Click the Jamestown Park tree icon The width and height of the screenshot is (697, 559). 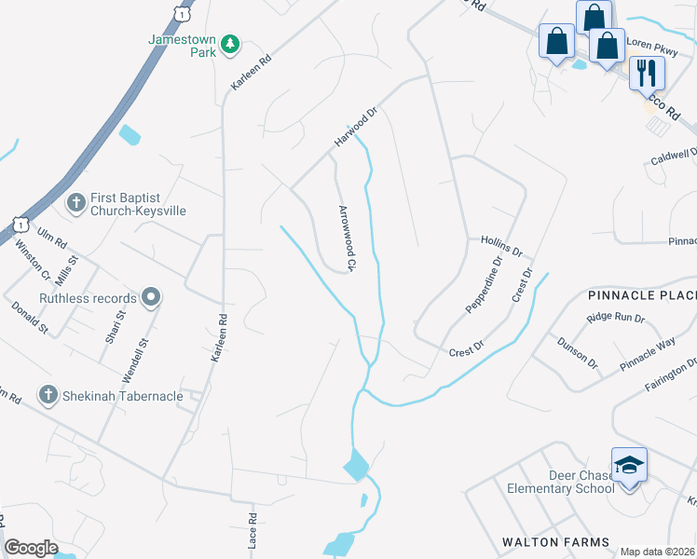229,44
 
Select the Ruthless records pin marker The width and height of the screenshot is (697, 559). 151,298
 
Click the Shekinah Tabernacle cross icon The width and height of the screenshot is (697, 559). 48,395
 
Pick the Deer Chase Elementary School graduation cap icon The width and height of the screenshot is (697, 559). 629,464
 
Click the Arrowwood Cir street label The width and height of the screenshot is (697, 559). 347,239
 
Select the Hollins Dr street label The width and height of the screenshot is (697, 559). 502,246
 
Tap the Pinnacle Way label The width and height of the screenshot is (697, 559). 649,355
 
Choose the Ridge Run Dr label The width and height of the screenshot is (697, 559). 615,318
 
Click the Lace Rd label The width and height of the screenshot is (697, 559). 252,528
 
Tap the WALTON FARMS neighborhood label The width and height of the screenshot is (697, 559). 555,542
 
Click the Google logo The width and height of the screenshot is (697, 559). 31,547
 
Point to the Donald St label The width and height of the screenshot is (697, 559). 29,318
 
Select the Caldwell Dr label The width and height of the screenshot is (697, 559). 674,156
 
